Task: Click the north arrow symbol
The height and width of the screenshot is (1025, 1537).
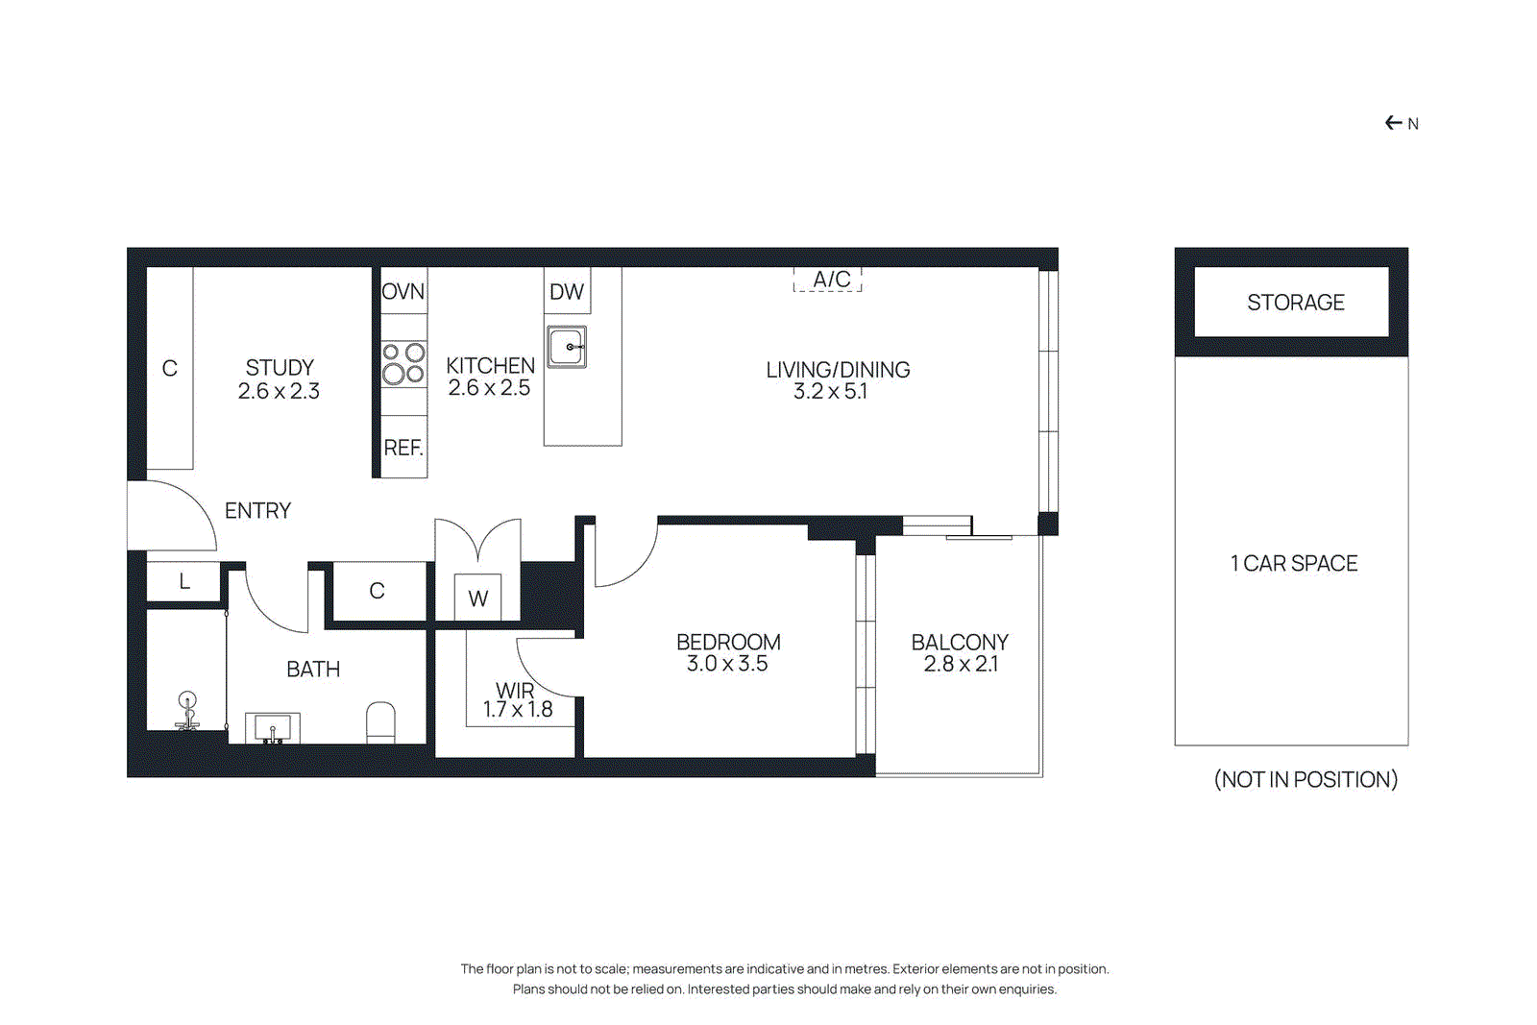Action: point(1394,123)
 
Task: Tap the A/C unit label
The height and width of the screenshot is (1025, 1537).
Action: point(831,280)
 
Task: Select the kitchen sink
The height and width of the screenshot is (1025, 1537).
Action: point(567,347)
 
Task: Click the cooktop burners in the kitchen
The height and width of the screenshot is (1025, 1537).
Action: point(403,363)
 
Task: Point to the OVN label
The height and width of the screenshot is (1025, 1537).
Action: point(403,292)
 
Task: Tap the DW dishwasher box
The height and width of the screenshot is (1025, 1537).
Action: point(567,292)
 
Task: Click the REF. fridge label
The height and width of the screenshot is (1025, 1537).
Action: point(403,448)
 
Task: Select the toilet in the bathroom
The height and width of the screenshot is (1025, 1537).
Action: point(381,722)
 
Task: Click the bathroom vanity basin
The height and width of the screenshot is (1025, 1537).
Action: point(273,728)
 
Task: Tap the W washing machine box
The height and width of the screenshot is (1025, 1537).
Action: point(477,598)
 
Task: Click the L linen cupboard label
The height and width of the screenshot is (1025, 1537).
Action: point(184,581)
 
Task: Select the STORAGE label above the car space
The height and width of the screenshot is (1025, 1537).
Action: point(1295,303)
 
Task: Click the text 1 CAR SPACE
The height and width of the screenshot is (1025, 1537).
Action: point(1294,564)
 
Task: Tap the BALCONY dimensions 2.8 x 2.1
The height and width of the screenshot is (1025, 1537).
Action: point(961,665)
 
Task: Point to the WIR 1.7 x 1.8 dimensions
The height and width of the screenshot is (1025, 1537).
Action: point(518,710)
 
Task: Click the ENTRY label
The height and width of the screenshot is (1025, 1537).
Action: point(257,511)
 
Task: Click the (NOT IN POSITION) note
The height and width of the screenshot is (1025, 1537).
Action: point(1305,779)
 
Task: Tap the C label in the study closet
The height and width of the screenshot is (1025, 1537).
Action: point(170,369)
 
